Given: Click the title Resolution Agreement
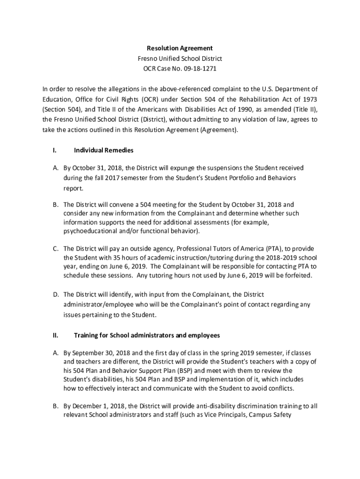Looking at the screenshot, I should tap(180, 48).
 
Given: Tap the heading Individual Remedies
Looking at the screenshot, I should tap(103, 150).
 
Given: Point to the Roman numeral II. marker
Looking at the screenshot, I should tap(55, 335).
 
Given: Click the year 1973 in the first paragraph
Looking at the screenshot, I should tap(309, 99).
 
